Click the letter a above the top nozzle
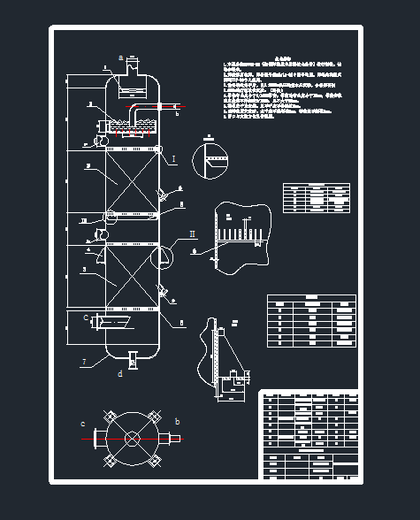pos(120,56)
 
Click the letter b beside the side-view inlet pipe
pos(176,114)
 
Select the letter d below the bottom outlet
pos(120,373)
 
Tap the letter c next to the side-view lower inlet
pos(86,317)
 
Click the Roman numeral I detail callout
pos(173,159)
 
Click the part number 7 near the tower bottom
pos(83,362)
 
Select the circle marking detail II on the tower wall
pos(161,256)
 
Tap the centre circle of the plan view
pos(132,438)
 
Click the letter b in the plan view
pos(177,422)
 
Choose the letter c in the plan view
pos(82,424)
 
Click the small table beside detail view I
pos(316,198)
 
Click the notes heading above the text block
pos(282,54)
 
